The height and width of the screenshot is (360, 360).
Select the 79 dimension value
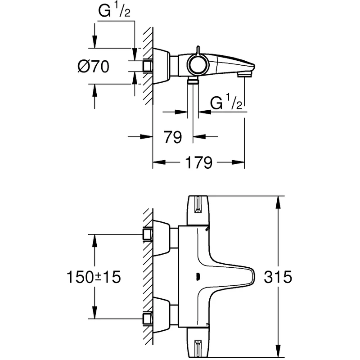click(x=173, y=137)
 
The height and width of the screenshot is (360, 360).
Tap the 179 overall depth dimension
click(x=198, y=162)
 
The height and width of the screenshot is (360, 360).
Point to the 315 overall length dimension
click(x=279, y=277)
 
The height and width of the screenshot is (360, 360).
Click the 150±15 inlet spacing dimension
click(x=94, y=277)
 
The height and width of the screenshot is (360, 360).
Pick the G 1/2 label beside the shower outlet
click(x=227, y=104)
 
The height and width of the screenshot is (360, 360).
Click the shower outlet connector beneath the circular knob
click(x=193, y=81)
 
